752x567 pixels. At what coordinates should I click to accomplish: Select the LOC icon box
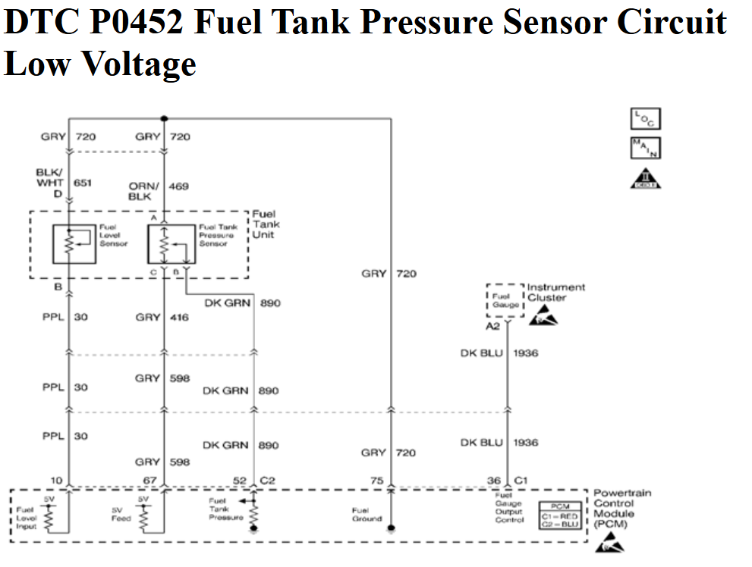pyautogui.click(x=646, y=119)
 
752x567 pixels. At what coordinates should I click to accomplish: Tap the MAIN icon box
pyautogui.click(x=646, y=148)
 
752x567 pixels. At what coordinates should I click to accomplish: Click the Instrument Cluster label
pyautogui.click(x=556, y=293)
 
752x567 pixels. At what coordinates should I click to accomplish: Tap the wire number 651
pyautogui.click(x=84, y=183)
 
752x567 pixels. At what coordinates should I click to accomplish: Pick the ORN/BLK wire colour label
pyautogui.click(x=143, y=190)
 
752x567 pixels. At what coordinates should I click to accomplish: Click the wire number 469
pyautogui.click(x=179, y=186)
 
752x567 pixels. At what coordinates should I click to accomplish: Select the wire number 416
pyautogui.click(x=179, y=317)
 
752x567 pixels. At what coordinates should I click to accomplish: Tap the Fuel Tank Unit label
pyautogui.click(x=266, y=224)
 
